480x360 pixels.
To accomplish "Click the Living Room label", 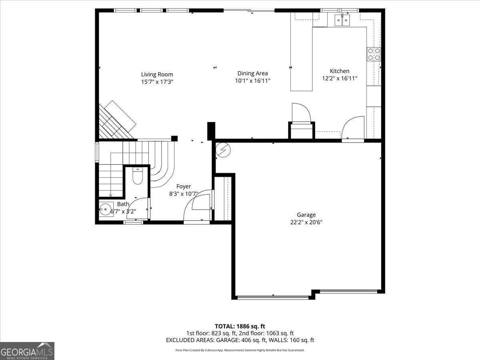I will pyautogui.click(x=157, y=74).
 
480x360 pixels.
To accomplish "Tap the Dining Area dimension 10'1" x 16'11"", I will pyautogui.click(x=252, y=81).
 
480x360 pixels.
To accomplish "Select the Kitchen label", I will pyautogui.click(x=339, y=71).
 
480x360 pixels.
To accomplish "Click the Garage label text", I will pyautogui.click(x=306, y=215).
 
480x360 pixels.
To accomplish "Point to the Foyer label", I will pyautogui.click(x=184, y=186).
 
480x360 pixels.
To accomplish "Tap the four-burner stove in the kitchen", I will pyautogui.click(x=374, y=54).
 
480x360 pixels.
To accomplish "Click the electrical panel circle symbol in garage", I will pyautogui.click(x=223, y=150).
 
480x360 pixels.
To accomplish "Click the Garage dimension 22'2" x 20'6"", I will pyautogui.click(x=306, y=222).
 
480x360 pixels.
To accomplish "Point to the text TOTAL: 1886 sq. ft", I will pyautogui.click(x=240, y=326).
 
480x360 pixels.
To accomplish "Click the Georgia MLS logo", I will pyautogui.click(x=27, y=351).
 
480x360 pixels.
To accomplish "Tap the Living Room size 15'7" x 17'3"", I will pyautogui.click(x=157, y=82).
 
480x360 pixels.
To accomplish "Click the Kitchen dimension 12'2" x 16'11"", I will pyautogui.click(x=339, y=79).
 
